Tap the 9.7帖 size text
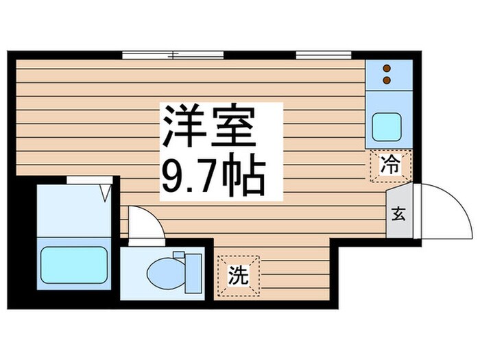click(x=213, y=177)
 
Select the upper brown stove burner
click(x=387, y=69)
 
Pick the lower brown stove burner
click(x=387, y=80)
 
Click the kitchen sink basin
click(x=387, y=125)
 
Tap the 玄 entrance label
click(x=398, y=213)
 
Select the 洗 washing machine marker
click(x=238, y=276)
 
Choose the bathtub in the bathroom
click(x=73, y=264)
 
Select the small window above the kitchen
click(x=314, y=53)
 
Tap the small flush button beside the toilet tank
click(x=179, y=256)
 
